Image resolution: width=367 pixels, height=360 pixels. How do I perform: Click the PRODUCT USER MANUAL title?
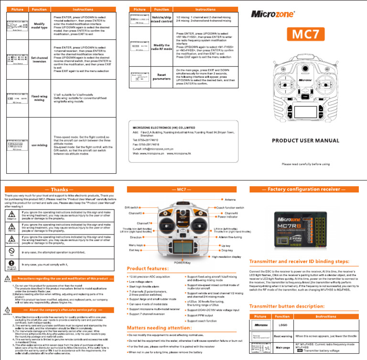click(x=305, y=140)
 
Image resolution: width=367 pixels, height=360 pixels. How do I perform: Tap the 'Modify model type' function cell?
click(x=39, y=26)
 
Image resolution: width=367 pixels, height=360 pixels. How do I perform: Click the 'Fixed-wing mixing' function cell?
click(x=39, y=98)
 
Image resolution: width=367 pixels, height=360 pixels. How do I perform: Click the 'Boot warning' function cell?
click(x=282, y=336)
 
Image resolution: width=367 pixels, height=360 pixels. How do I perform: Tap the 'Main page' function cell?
click(x=282, y=348)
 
